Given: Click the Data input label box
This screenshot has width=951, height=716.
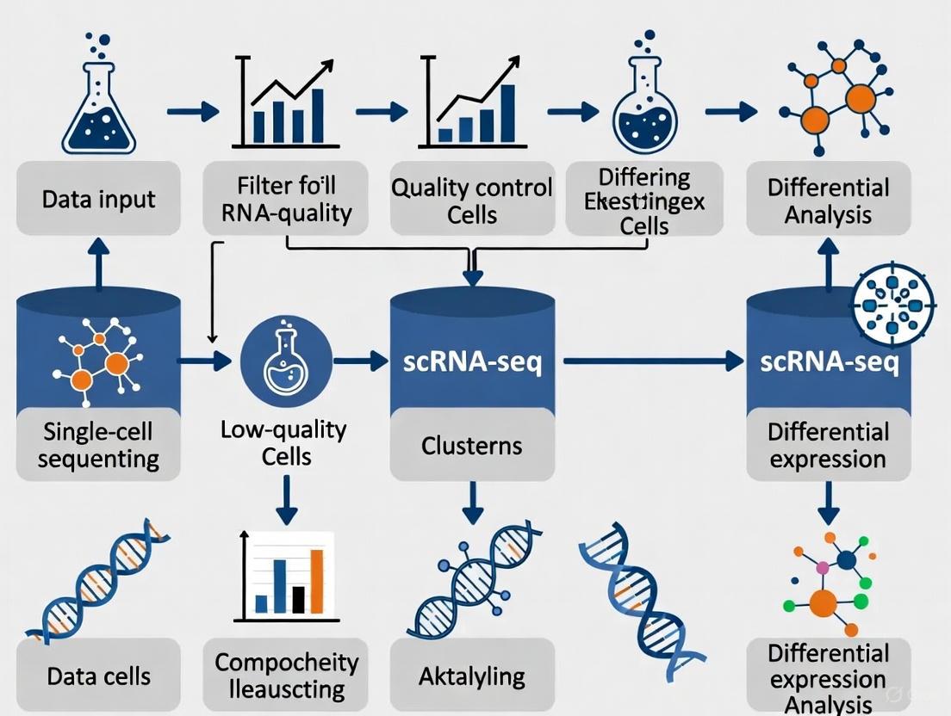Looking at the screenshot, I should (98, 199).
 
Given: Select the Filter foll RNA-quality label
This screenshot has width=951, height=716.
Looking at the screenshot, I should (287, 199).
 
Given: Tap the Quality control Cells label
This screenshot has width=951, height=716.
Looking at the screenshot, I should (471, 200).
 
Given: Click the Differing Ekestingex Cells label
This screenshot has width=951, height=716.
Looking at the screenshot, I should (645, 201).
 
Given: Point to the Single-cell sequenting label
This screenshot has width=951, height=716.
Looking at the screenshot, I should (98, 443).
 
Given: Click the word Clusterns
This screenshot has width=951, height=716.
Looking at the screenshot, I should (471, 446).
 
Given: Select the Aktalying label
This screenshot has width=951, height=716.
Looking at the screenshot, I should (471, 676).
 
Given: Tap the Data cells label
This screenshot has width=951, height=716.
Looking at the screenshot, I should (98, 676).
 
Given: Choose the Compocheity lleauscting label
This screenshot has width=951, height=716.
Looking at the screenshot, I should (286, 676).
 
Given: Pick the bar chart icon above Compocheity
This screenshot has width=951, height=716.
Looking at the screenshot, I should (287, 573).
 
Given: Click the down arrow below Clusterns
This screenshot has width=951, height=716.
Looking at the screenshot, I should (471, 503).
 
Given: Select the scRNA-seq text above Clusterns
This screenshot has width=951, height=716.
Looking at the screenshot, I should (472, 362).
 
